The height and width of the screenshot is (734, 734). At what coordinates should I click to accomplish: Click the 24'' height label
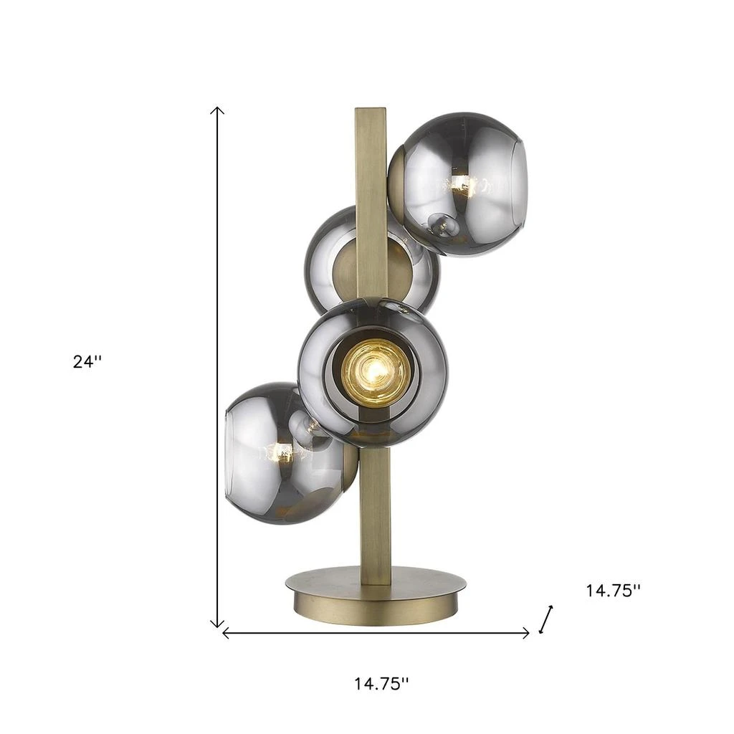click(87, 362)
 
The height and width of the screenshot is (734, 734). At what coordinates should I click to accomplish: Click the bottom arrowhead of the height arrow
click(217, 624)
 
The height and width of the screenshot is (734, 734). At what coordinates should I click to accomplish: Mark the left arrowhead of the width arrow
click(227, 632)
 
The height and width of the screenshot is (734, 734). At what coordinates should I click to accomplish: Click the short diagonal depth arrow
click(546, 619)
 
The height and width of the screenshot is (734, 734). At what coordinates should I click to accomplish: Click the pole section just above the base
click(373, 530)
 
